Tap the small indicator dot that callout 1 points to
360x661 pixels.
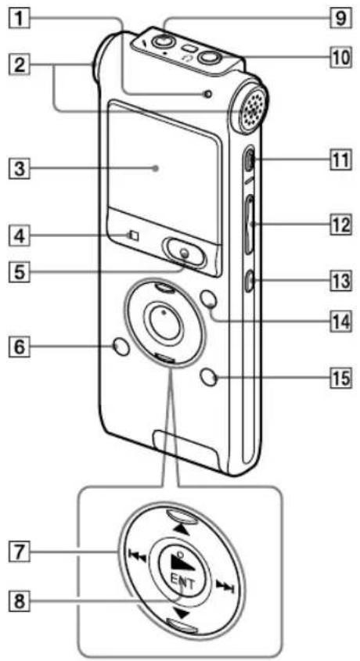click(206, 95)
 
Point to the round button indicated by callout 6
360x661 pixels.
click(121, 347)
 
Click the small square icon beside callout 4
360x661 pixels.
click(133, 235)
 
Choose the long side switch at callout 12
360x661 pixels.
click(250, 225)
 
